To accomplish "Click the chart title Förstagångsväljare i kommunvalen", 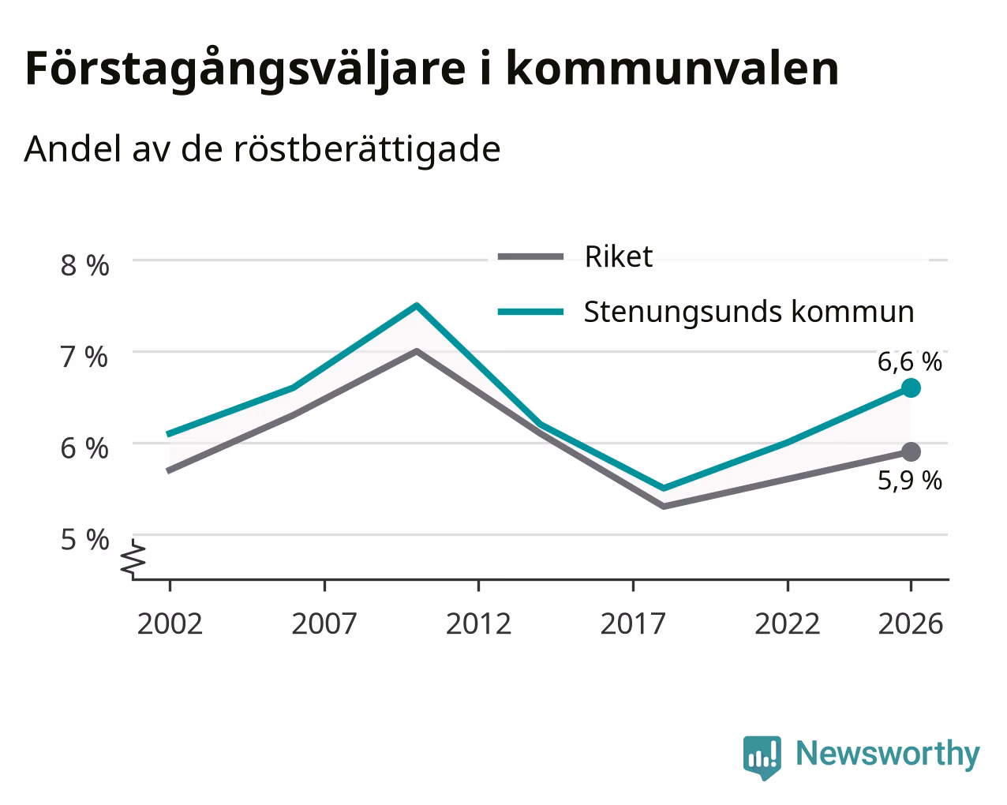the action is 432,69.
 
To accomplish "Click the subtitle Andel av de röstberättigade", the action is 262,149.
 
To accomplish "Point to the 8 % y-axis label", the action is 84,266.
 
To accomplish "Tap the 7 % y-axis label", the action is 84,358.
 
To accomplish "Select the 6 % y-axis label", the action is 84,449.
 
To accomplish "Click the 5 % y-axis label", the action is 84,540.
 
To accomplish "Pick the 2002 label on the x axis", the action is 170,624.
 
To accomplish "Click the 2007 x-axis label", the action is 324,624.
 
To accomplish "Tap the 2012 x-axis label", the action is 478,624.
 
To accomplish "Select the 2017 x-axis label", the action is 633,624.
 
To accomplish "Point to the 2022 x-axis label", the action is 787,624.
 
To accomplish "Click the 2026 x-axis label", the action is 911,624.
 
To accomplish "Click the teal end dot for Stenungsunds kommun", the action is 911,388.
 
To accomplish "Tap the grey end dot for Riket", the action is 911,452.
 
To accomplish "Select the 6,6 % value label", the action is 910,362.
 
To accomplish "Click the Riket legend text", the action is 618,257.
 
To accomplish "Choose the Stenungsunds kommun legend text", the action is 749,313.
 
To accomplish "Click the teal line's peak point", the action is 417,306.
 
